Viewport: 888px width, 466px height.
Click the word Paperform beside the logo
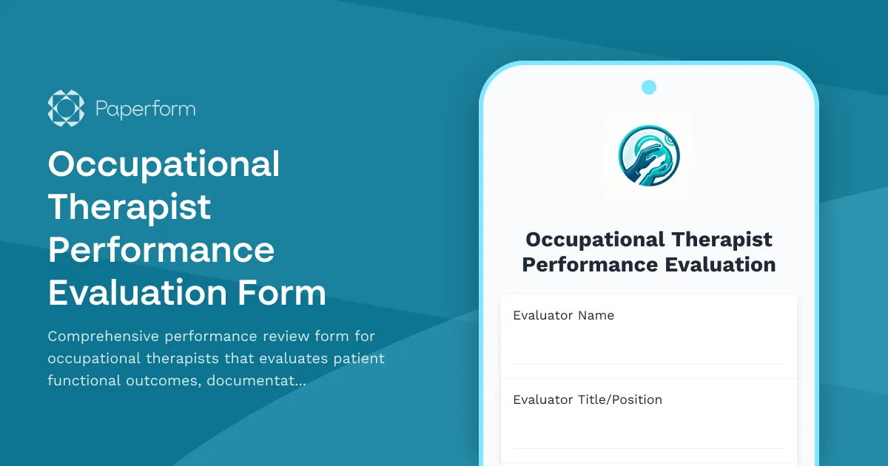tap(145, 109)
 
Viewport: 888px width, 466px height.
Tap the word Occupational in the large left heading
tap(164, 164)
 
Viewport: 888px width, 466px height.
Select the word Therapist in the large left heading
tap(129, 206)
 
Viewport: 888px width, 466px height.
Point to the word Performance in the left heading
tap(161, 249)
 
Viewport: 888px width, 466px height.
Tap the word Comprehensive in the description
tap(102, 337)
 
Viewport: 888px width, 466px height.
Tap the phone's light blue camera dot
tap(649, 87)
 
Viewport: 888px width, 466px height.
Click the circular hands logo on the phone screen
tap(649, 155)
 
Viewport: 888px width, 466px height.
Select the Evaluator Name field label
tap(563, 315)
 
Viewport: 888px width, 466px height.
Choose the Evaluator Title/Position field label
tap(587, 399)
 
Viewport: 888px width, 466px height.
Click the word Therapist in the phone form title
tap(722, 240)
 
